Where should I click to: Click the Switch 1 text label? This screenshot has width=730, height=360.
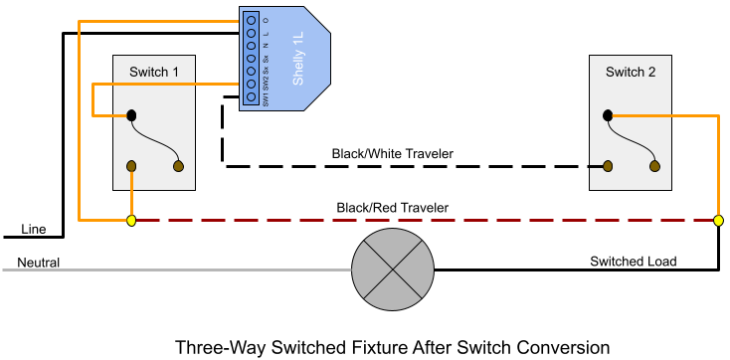154,72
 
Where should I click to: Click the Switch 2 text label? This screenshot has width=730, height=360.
631,72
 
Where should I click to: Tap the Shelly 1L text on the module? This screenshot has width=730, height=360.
298,57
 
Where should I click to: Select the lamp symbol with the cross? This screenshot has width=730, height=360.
393,270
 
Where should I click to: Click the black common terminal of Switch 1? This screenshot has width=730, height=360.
131,116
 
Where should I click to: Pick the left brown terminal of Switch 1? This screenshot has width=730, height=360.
131,166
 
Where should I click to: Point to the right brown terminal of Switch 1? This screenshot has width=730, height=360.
179,166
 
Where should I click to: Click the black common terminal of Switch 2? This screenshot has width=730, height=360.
608,116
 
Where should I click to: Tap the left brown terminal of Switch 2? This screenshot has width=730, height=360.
608,166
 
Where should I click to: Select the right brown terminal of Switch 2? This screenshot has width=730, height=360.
655,166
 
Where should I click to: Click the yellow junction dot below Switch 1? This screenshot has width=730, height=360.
131,220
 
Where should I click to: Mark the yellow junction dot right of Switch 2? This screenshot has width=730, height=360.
718,220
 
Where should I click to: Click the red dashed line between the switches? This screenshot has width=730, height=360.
418,220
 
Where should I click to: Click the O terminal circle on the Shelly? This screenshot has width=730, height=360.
251,19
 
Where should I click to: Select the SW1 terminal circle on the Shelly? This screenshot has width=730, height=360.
251,97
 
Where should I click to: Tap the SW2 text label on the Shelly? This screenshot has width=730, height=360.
266,85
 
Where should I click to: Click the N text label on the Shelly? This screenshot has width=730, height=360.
266,46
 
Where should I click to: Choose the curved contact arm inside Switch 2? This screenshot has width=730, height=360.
633,139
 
